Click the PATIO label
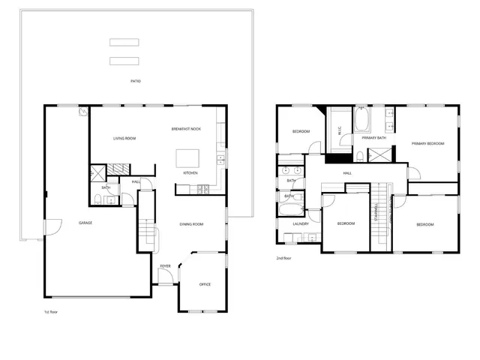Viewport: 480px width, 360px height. [136, 81]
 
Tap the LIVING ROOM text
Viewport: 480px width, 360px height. [124, 139]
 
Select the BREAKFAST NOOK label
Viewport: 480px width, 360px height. [186, 129]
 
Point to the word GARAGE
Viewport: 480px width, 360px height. [86, 223]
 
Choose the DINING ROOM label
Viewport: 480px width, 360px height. [192, 223]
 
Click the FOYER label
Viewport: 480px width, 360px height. [165, 266]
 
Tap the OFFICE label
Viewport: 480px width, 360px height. [205, 285]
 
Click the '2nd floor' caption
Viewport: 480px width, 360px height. [284, 258]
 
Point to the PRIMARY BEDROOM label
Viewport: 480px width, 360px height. [427, 143]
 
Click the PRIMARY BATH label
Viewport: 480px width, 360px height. [373, 138]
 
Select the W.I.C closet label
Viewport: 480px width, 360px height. [340, 130]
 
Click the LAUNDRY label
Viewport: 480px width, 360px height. [301, 223]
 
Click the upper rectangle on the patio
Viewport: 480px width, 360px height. [124, 42]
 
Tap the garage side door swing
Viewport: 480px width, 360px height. [52, 226]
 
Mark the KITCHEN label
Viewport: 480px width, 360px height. [190, 174]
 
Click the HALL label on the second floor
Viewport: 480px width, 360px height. [347, 173]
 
